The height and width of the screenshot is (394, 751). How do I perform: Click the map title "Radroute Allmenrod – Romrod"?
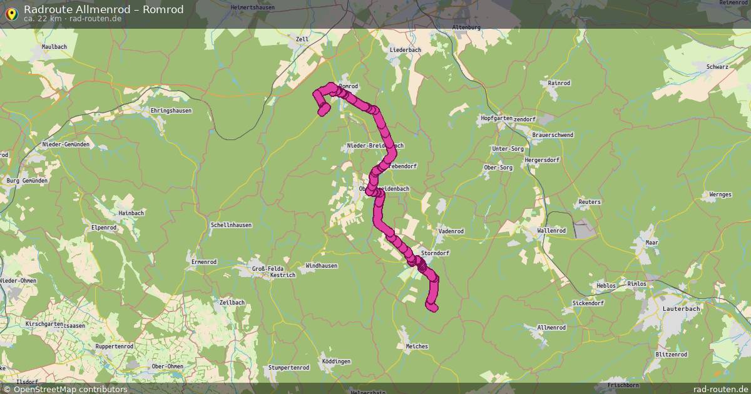tap(104, 9)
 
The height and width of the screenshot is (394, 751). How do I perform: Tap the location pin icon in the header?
tap(11, 13)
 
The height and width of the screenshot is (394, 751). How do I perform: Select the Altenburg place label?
tap(466, 28)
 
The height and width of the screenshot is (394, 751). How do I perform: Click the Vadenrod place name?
tap(451, 231)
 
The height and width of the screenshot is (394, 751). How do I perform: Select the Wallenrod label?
tap(551, 231)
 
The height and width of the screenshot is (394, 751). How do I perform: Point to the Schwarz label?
tap(717, 67)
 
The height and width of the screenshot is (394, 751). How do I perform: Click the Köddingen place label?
tap(336, 361)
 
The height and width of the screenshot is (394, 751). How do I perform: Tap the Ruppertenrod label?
tap(114, 346)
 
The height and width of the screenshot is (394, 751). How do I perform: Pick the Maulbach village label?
tap(54, 47)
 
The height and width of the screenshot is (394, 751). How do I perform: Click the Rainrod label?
tap(559, 83)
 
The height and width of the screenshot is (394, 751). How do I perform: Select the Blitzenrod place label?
tap(672, 355)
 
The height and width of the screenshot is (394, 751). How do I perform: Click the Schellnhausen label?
tap(232, 225)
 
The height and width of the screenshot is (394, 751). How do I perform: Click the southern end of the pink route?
tap(432, 306)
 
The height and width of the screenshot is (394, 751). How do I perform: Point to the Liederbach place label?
tap(405, 49)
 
